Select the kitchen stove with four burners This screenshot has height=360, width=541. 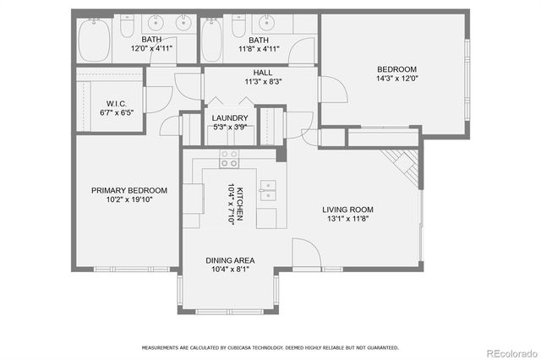(229, 155)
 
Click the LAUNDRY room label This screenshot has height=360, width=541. (230, 118)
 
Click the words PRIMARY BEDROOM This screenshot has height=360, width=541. (128, 190)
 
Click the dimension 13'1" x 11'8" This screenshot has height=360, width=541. (347, 219)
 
